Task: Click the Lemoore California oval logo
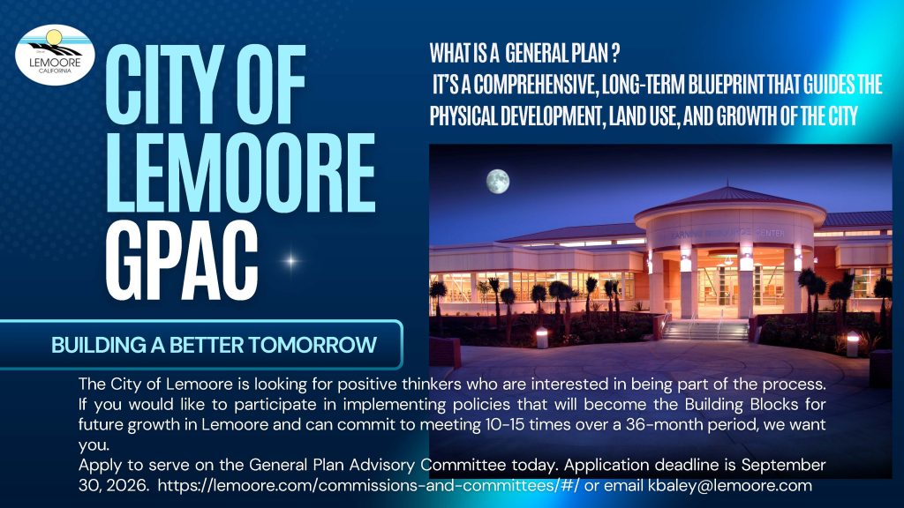[56, 55]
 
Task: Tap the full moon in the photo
[498, 182]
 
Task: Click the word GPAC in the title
[182, 262]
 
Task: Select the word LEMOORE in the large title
[241, 173]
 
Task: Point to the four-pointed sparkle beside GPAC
[291, 261]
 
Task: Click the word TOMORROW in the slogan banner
[313, 345]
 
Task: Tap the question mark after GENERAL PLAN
[615, 54]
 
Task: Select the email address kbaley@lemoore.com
[730, 486]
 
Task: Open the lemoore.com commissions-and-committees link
[368, 486]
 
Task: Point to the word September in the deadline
[784, 464]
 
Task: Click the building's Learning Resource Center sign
[727, 233]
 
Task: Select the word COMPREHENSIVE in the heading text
[535, 85]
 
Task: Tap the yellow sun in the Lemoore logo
[53, 38]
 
